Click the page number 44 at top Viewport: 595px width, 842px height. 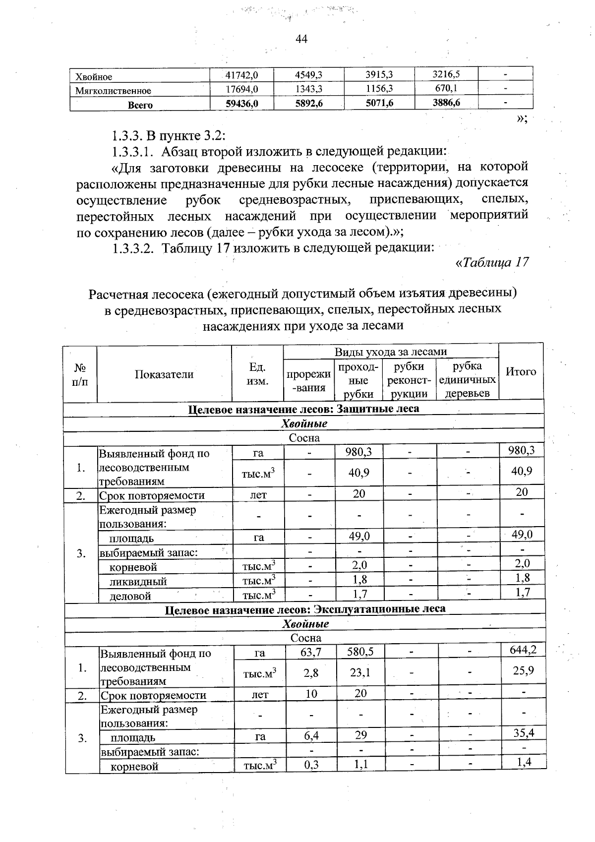tap(301, 39)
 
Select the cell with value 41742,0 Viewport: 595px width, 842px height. tap(242, 75)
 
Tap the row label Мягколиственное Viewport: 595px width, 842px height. tap(113, 91)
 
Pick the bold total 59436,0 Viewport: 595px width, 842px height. tap(242, 104)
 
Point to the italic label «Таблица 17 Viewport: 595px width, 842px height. tap(492, 262)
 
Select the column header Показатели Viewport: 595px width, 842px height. tap(164, 374)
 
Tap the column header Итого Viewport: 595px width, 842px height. tap(521, 371)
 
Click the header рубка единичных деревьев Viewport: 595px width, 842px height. tap(467, 379)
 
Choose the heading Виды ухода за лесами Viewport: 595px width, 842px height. tap(391, 352)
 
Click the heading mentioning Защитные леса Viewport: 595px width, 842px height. tap(304, 409)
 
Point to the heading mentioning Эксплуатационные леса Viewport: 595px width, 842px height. tap(305, 608)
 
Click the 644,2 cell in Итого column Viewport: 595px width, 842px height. tap(523, 650)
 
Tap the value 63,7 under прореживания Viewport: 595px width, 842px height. tap(311, 652)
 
